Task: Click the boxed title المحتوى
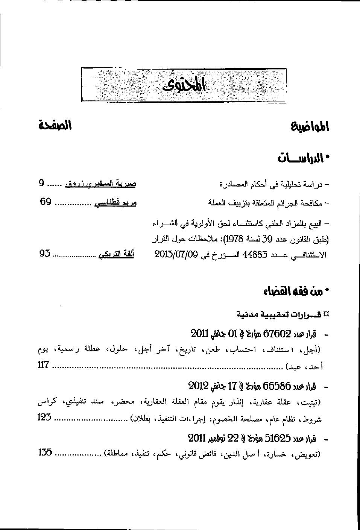point(184,85)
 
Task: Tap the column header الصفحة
point(55,125)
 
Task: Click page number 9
point(42,184)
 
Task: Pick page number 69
point(46,202)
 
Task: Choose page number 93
point(45,253)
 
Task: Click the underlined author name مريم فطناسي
point(115,203)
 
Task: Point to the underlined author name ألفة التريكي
point(116,254)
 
